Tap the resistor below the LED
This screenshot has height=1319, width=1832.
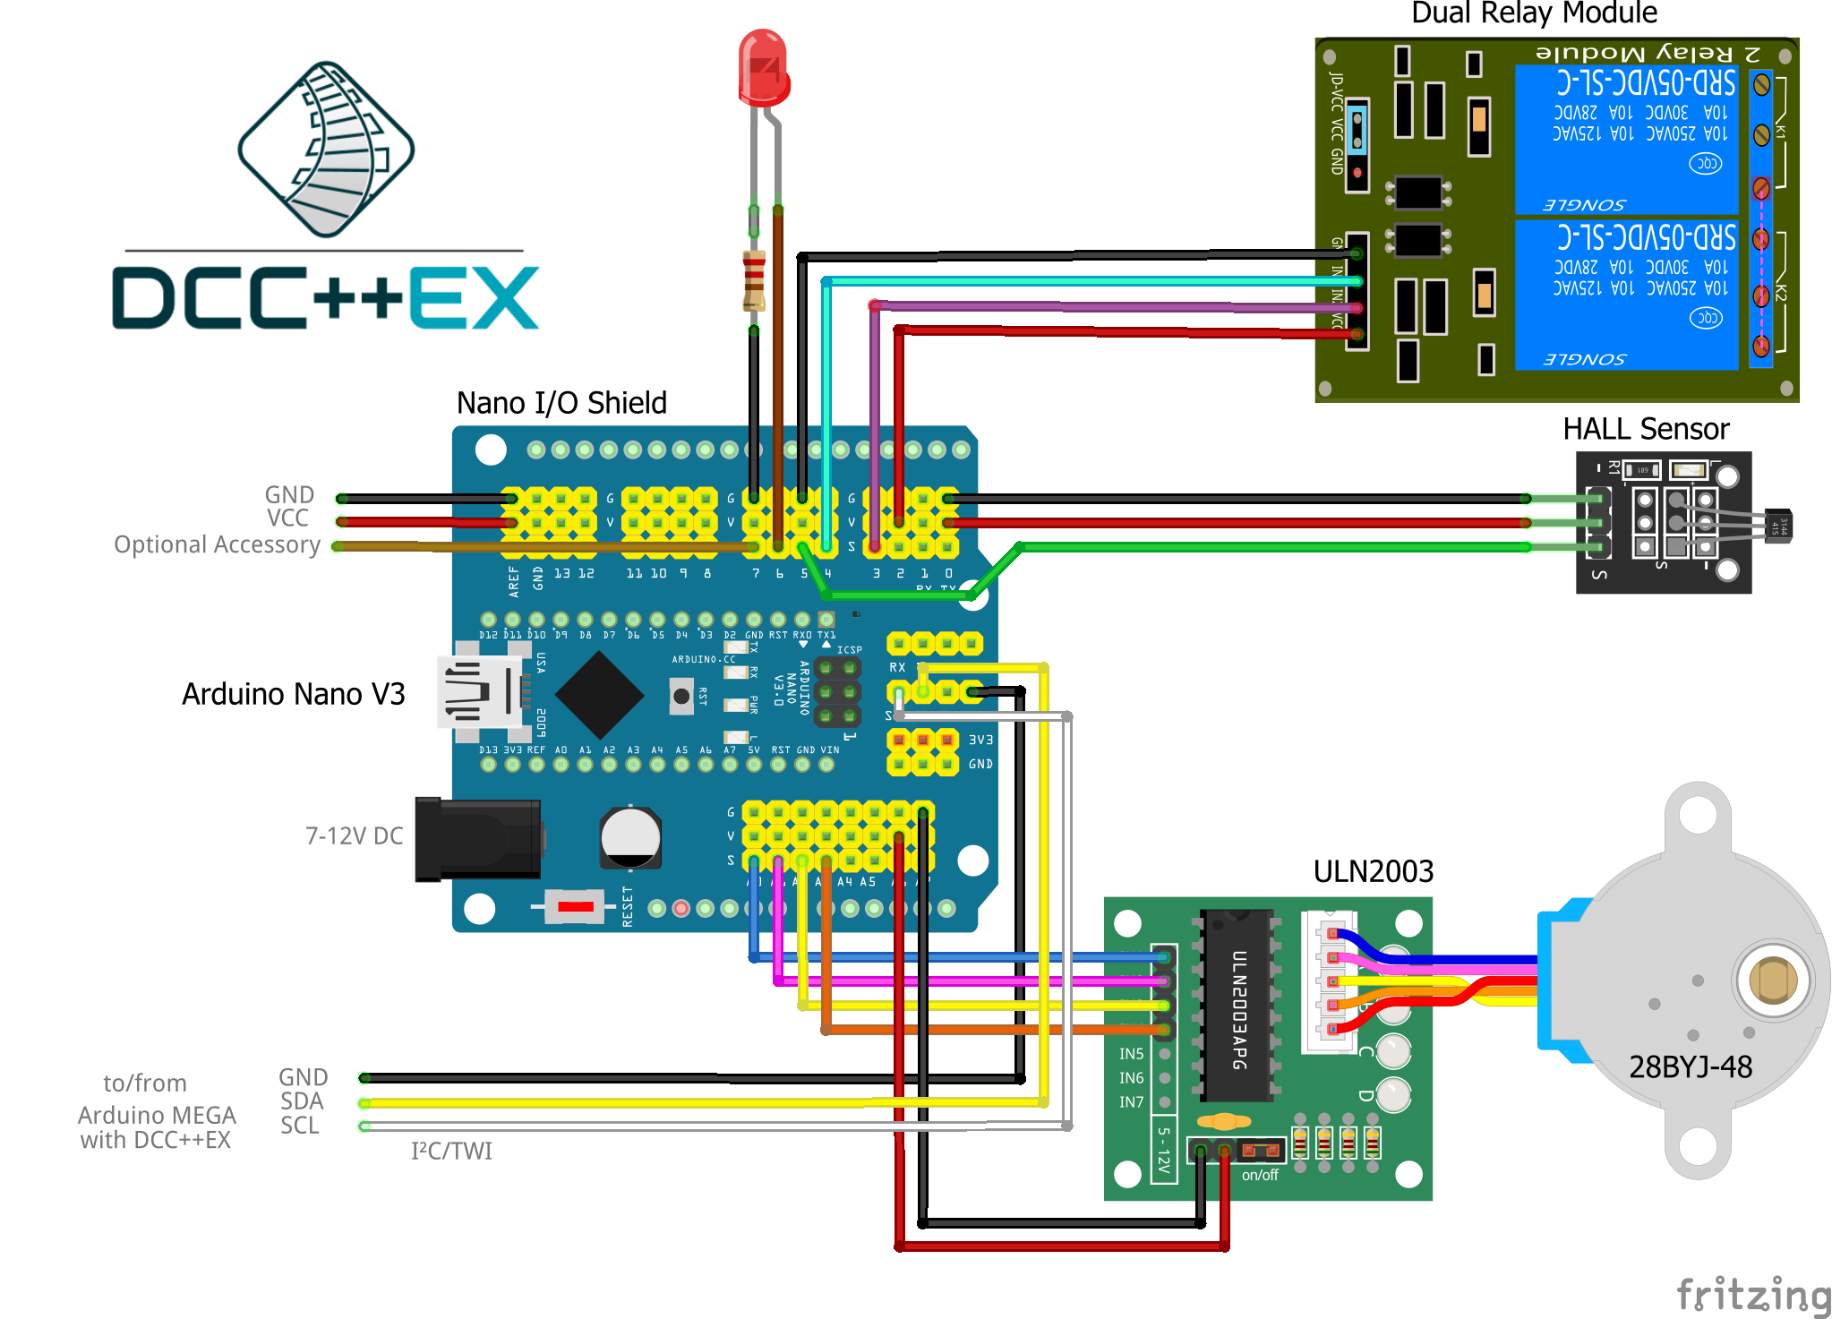pyautogui.click(x=754, y=280)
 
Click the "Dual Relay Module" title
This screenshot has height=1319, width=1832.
pyautogui.click(x=1534, y=13)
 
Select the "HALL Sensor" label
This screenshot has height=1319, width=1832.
pyautogui.click(x=1646, y=429)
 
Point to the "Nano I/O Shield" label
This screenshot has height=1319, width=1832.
pyautogui.click(x=561, y=403)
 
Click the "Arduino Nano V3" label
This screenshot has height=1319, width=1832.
pyautogui.click(x=293, y=694)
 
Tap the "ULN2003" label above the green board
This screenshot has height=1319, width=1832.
pyautogui.click(x=1373, y=871)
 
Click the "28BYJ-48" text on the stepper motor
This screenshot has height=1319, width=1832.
pyautogui.click(x=1690, y=1066)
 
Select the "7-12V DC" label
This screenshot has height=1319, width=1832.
pyautogui.click(x=354, y=835)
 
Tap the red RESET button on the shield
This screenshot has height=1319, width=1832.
pyautogui.click(x=575, y=907)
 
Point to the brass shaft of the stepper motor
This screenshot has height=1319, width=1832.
pyautogui.click(x=1772, y=980)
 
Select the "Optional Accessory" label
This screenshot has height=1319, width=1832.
pyautogui.click(x=217, y=544)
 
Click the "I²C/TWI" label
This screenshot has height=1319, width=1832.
pyautogui.click(x=451, y=1151)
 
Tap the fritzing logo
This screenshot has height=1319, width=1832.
pyautogui.click(x=1752, y=1295)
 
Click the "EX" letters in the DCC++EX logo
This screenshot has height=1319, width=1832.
pyautogui.click(x=474, y=298)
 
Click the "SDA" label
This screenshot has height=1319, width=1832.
pyautogui.click(x=302, y=1101)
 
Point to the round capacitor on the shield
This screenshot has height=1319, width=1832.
pyautogui.click(x=630, y=837)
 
